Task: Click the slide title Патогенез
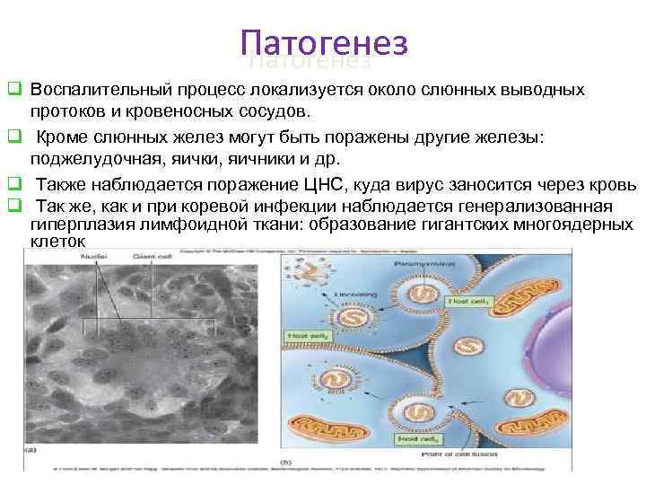[324, 43]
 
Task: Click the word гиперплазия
[76, 224]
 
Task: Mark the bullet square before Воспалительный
[13, 91]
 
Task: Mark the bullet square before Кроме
[13, 137]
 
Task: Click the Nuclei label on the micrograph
[94, 257]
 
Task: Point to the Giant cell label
[159, 257]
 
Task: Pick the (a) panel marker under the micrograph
[30, 448]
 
